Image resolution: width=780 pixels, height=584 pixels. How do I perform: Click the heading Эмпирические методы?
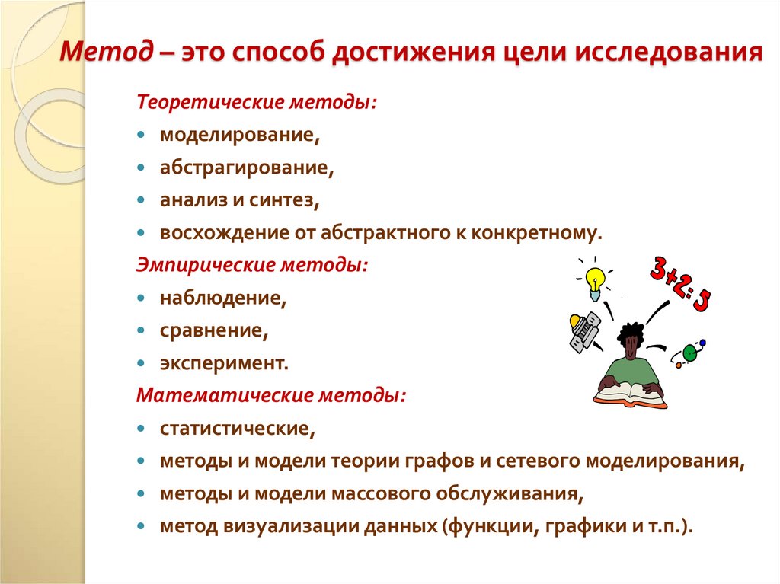[252, 266]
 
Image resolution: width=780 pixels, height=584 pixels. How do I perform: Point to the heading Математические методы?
[270, 396]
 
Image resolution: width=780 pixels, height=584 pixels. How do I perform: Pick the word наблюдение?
[222, 298]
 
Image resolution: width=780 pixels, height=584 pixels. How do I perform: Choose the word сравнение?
[214, 331]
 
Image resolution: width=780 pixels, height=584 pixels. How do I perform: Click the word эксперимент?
[224, 364]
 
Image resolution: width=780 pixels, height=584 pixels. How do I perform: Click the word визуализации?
[285, 527]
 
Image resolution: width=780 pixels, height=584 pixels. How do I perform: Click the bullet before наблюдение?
[142, 298]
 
